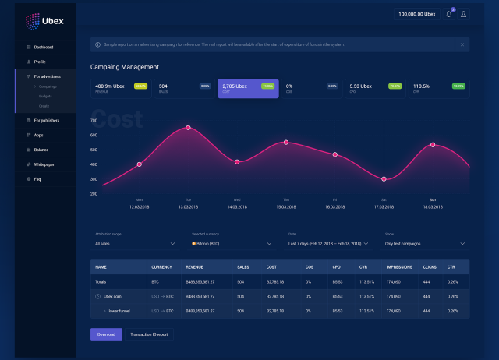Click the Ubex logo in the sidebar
pyautogui.click(x=44, y=19)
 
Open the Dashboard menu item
pyautogui.click(x=44, y=48)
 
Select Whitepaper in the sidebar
pyautogui.click(x=44, y=164)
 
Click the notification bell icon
pyautogui.click(x=449, y=14)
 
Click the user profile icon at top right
pyautogui.click(x=464, y=14)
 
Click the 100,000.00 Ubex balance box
pyautogui.click(x=416, y=14)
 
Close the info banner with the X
pyautogui.click(x=462, y=45)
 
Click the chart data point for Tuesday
pyautogui.click(x=188, y=127)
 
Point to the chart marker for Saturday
pyautogui.click(x=384, y=179)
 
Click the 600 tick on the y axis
pyautogui.click(x=94, y=135)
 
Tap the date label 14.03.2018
pyautogui.click(x=237, y=207)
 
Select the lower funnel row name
pyautogui.click(x=119, y=310)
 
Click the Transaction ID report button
pyautogui.click(x=148, y=334)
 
